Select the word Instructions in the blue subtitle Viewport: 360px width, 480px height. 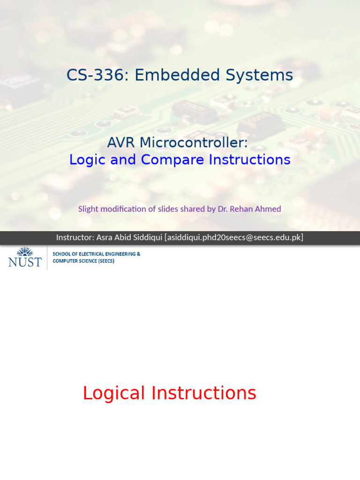(x=249, y=160)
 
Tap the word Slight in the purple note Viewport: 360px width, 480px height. (x=88, y=209)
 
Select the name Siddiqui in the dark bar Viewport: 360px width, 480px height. (x=146, y=238)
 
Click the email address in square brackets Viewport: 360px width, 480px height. (x=234, y=238)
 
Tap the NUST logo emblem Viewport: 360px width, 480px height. (x=25, y=252)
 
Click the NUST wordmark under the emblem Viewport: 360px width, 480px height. (x=25, y=262)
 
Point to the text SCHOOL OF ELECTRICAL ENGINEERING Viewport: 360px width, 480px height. (x=96, y=254)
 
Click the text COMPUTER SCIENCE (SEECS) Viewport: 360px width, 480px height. (x=83, y=261)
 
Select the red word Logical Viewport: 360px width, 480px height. (x=114, y=393)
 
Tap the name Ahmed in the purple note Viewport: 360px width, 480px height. (x=269, y=209)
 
